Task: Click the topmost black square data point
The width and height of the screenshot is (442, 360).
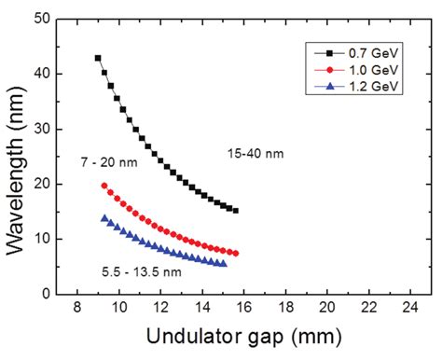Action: pos(98,58)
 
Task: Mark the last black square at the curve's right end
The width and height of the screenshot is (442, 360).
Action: pos(235,211)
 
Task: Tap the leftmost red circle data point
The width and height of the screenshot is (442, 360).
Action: pos(104,186)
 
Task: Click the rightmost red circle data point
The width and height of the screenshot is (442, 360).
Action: pos(235,253)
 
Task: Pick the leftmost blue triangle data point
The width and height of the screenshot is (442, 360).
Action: pos(104,218)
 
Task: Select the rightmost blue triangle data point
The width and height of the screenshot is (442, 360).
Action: pos(223,264)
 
